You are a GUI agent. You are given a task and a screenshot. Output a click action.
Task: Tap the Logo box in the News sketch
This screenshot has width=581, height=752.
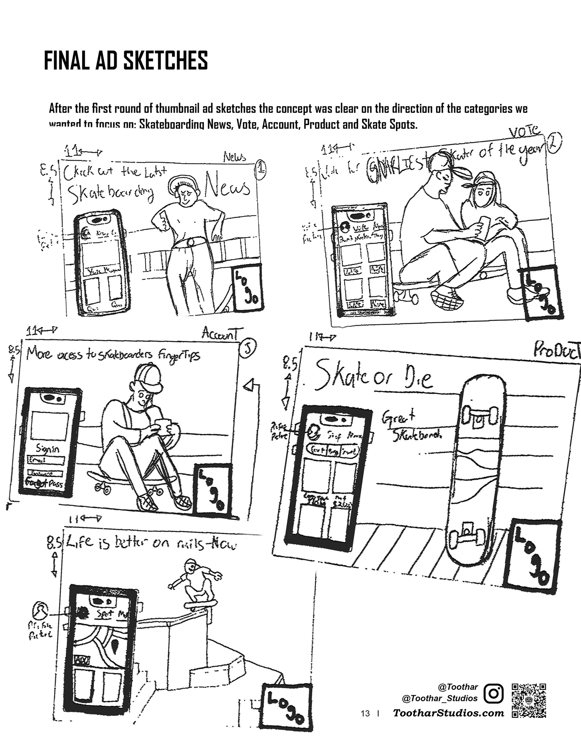click(247, 287)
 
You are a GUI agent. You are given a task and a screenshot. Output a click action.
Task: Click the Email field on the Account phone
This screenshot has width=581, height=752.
click(46, 461)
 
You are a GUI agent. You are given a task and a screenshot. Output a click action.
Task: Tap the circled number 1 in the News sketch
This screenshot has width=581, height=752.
click(261, 169)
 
